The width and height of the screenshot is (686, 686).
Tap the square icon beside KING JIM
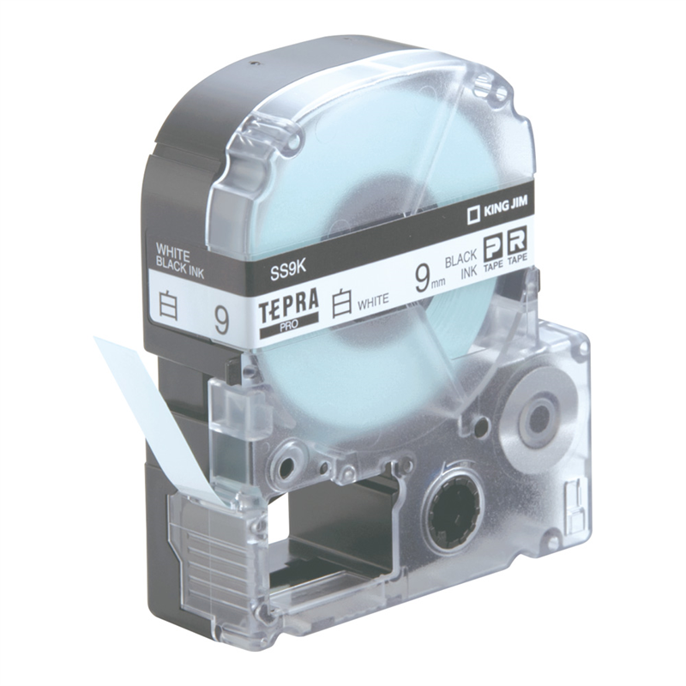472,216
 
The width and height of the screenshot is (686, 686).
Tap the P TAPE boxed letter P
492,245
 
